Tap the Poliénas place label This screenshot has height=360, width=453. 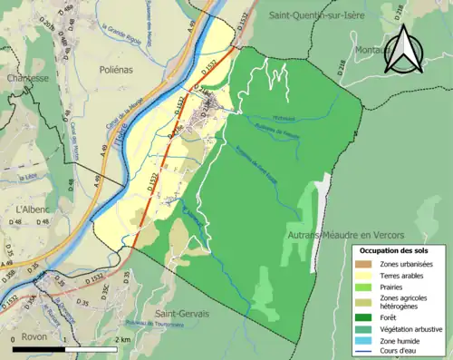pyautogui.click(x=117, y=69)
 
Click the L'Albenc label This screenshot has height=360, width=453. pyautogui.click(x=31, y=209)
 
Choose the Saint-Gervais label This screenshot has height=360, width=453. pyautogui.click(x=181, y=313)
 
